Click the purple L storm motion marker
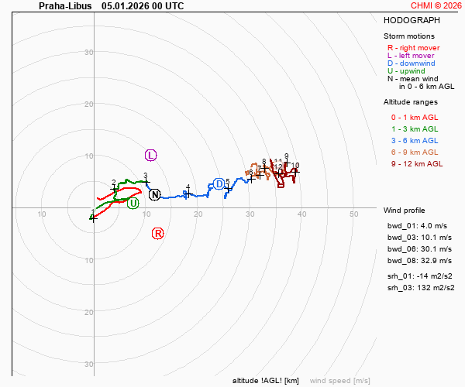[x=150, y=156]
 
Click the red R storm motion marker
[x=157, y=233]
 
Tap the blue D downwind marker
[x=219, y=183]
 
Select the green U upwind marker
[x=133, y=203]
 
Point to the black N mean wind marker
[x=155, y=194]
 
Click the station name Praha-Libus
[x=64, y=5]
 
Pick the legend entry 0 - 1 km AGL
[x=415, y=117]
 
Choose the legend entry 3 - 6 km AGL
[x=415, y=140]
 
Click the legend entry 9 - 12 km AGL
[x=417, y=163]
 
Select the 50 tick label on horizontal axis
[x=353, y=214]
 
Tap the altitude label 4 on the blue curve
[x=188, y=187]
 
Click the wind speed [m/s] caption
[x=339, y=381]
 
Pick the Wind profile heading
[x=404, y=211]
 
